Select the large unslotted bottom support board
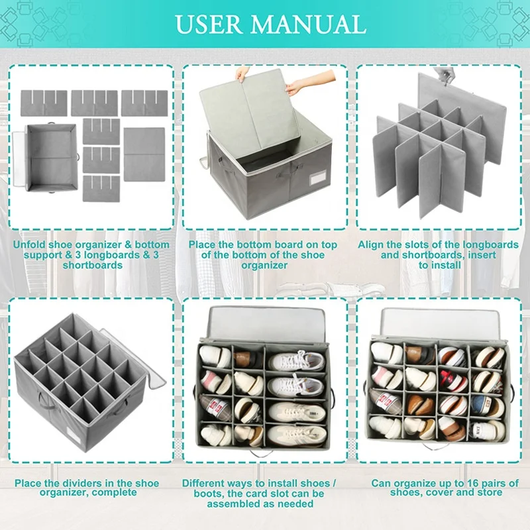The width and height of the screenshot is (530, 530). pyautogui.click(x=144, y=154)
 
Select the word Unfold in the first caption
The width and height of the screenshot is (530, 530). pyautogui.click(x=30, y=245)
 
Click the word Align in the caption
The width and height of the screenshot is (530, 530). pyautogui.click(x=372, y=245)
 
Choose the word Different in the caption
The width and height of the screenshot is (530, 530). pyautogui.click(x=206, y=483)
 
